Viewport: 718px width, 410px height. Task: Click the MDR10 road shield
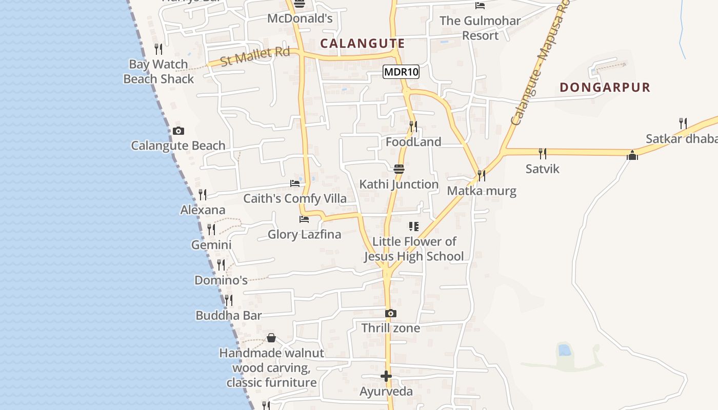(401, 72)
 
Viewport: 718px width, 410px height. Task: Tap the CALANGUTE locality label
(363, 44)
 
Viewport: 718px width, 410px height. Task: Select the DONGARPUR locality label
(605, 87)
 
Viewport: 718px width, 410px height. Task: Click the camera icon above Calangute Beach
(178, 131)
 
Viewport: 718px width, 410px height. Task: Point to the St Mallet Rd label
(255, 56)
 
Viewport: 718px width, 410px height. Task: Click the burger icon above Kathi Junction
(399, 169)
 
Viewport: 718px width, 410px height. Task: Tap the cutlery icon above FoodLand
(413, 126)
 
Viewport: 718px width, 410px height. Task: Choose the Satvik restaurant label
(542, 169)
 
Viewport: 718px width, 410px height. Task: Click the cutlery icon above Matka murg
(481, 176)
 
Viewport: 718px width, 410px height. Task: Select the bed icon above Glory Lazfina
(304, 219)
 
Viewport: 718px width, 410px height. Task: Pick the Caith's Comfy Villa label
(295, 198)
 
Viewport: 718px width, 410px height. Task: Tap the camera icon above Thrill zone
(391, 313)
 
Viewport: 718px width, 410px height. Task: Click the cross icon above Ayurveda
(386, 377)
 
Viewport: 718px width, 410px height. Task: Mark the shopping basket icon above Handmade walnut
(271, 338)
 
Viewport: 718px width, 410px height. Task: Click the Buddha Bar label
(229, 315)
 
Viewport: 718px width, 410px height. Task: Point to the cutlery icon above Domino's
(221, 265)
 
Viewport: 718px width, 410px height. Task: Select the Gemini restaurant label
(211, 244)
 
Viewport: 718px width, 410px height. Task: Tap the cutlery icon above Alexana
(203, 195)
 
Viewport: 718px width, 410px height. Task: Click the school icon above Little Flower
(414, 226)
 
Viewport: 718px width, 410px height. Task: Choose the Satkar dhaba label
(681, 139)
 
